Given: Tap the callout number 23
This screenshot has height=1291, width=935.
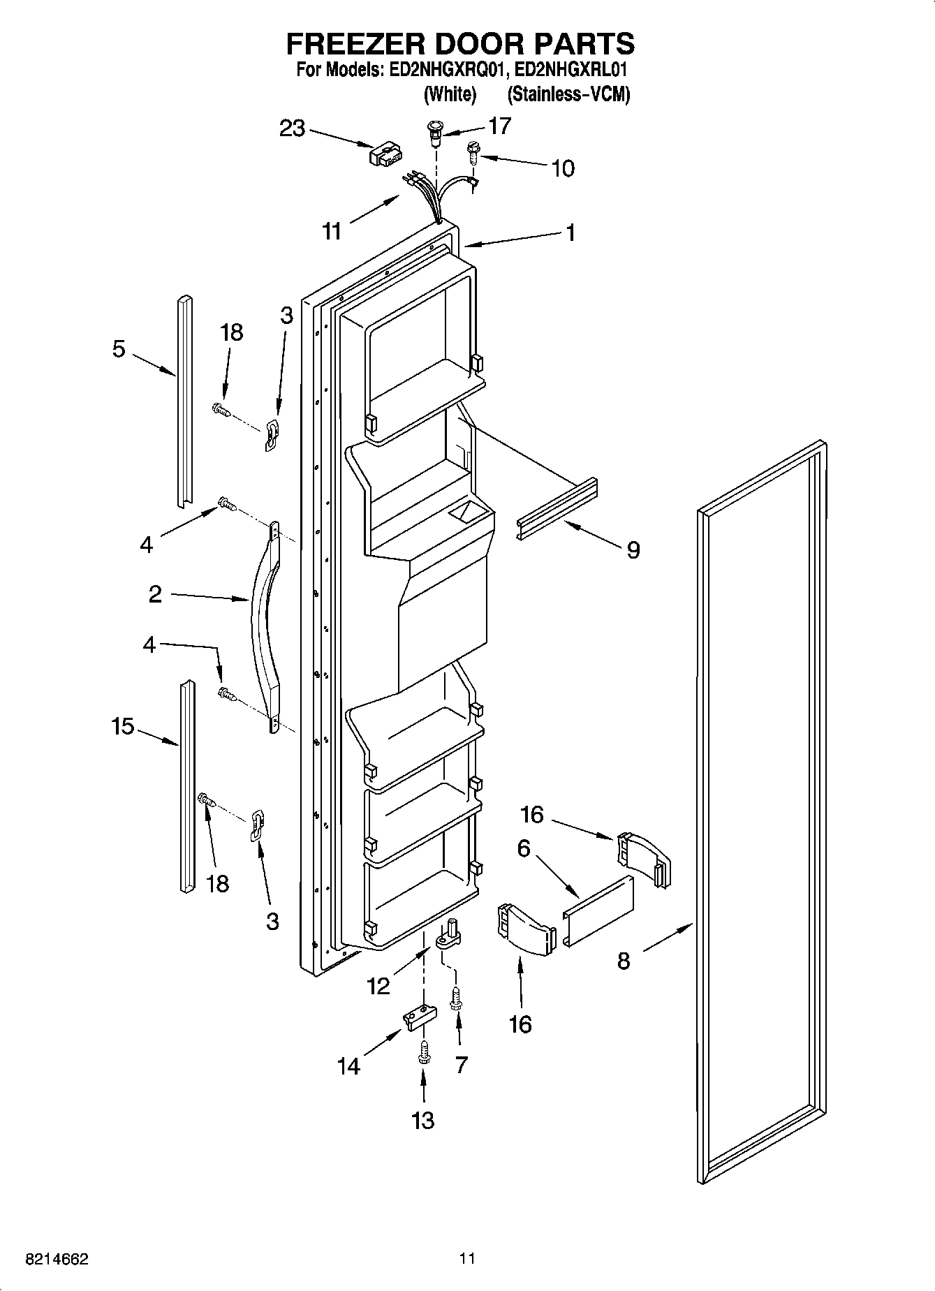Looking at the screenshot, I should click(x=293, y=128).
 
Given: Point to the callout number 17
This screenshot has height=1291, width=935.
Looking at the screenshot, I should click(x=500, y=126).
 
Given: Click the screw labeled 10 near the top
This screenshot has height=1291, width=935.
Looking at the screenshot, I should click(x=472, y=152).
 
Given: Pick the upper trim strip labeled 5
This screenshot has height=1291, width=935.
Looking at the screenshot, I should click(x=184, y=401).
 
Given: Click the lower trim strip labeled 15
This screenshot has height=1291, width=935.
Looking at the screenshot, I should click(x=187, y=786).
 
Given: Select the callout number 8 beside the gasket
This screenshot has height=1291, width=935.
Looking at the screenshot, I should click(x=624, y=961).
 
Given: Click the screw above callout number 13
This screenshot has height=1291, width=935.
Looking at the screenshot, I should click(x=422, y=1050).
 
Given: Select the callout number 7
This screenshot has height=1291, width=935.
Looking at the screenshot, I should click(x=461, y=1065).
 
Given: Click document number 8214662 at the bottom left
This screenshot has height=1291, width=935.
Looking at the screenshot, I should click(x=57, y=1260).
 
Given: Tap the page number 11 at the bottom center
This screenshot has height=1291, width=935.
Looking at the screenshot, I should click(x=467, y=1259).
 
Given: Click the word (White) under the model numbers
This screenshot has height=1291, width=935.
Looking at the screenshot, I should click(x=450, y=94).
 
